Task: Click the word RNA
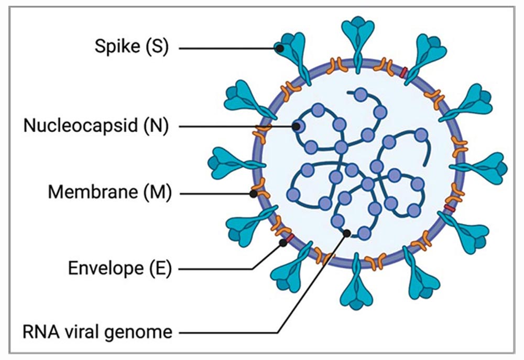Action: coord(39,331)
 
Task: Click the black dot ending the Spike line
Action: coord(280,48)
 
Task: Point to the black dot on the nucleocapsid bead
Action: coord(297,126)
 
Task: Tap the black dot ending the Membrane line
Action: coord(253,194)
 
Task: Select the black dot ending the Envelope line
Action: coord(283,243)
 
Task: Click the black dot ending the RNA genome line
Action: coord(346,233)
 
